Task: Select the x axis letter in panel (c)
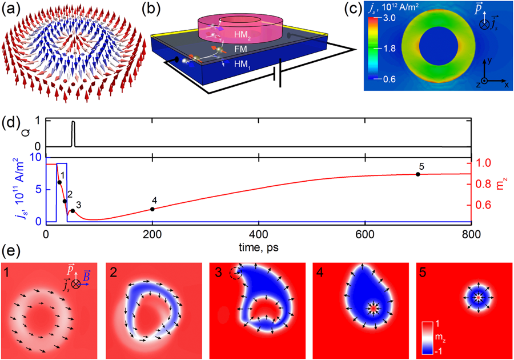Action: point(506,85)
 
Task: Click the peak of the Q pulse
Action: point(73,122)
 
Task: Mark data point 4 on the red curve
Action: point(152,209)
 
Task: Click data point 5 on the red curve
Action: point(417,174)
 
